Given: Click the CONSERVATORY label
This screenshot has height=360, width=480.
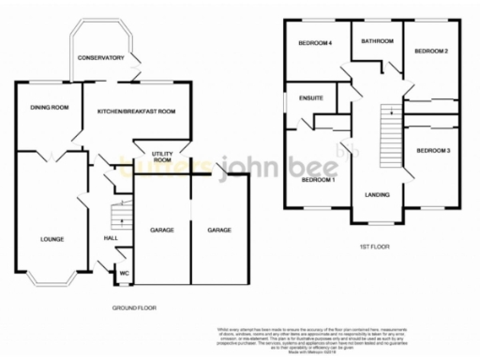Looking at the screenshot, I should click(x=102, y=58).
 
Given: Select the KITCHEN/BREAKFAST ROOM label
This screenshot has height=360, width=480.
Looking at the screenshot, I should click(x=138, y=112).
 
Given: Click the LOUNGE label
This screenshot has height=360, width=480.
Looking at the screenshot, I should click(x=52, y=239).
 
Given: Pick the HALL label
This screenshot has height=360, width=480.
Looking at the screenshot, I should click(x=109, y=238).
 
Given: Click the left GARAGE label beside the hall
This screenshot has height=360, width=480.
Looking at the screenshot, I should click(x=163, y=230).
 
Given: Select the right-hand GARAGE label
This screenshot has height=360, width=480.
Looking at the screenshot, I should click(x=219, y=230).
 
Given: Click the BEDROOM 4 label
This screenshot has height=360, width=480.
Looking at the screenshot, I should click(x=316, y=43).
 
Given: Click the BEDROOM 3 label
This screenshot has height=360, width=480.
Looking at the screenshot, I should click(x=434, y=150).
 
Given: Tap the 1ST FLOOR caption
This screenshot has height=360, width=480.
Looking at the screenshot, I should click(x=374, y=246).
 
